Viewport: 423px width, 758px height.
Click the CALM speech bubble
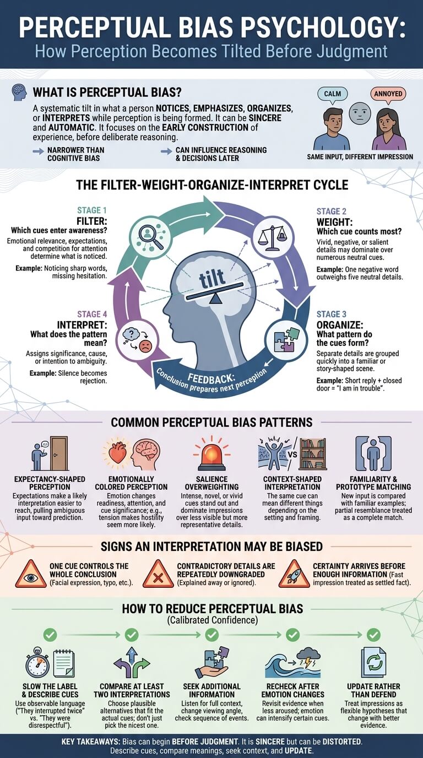(x=333, y=94)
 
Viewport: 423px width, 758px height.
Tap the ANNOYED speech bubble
(x=388, y=94)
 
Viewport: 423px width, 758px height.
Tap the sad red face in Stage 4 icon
(x=146, y=346)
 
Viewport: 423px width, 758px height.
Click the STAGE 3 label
(x=331, y=314)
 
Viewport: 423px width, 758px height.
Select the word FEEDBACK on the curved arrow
(x=211, y=378)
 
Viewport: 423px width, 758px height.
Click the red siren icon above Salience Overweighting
(x=212, y=454)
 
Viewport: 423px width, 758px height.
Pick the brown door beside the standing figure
(x=59, y=453)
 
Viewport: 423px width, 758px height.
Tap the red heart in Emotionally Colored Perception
(x=117, y=452)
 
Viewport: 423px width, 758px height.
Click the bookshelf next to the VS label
(x=313, y=453)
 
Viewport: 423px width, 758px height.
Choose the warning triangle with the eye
(x=31, y=574)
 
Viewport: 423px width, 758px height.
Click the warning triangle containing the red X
(x=158, y=574)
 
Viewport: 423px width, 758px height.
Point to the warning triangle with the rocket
(x=294, y=574)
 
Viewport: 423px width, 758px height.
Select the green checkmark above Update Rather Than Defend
(x=373, y=635)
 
